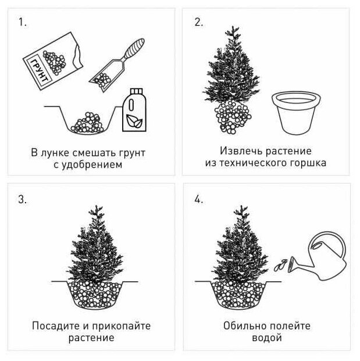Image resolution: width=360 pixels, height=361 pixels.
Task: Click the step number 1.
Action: (22, 22)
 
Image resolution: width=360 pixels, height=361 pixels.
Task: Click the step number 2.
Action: (199, 22)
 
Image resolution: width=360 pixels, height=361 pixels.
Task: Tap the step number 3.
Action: (23, 199)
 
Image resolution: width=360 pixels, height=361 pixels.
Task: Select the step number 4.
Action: (199, 199)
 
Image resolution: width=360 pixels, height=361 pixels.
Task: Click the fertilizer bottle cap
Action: (137, 91)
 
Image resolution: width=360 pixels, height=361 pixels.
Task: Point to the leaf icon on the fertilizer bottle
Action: (134, 121)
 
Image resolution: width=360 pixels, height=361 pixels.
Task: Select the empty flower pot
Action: (296, 113)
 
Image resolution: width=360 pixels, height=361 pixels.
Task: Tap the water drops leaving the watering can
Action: (280, 266)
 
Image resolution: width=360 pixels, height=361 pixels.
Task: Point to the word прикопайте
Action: (122, 326)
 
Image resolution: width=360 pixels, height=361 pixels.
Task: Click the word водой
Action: (267, 338)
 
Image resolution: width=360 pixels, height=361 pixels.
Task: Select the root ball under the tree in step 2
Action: (233, 117)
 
